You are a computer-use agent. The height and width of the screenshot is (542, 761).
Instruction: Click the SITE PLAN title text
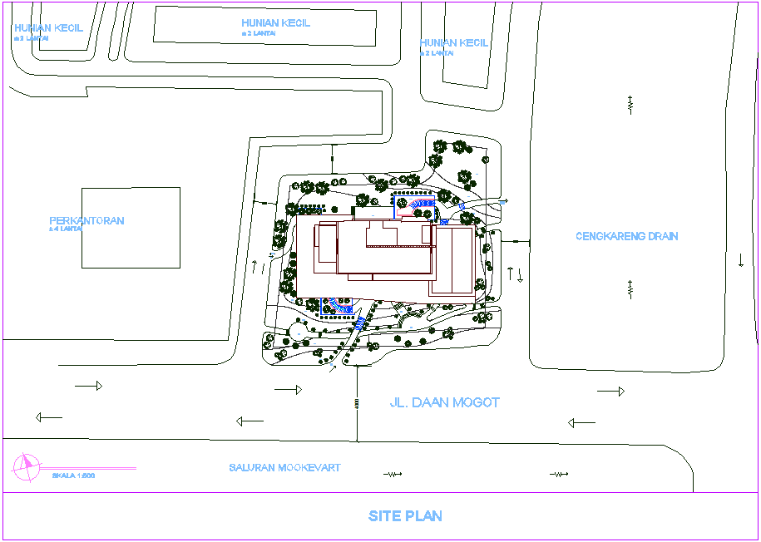pos(405,516)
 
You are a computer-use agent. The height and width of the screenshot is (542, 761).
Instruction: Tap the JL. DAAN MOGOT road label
pos(445,402)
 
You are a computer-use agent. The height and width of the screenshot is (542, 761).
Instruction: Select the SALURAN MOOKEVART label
pos(284,468)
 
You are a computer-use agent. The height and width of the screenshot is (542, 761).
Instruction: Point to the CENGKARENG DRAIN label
pos(626,236)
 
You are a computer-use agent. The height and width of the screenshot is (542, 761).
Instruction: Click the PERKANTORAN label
pos(86,221)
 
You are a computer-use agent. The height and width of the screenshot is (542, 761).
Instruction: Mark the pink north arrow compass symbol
pos(26,468)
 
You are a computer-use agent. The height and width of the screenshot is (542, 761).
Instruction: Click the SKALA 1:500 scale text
pos(73,475)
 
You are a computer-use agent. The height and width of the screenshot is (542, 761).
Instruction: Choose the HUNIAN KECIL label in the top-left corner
pos(48,27)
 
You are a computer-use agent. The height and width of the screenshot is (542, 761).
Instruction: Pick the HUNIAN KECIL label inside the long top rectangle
pos(275,23)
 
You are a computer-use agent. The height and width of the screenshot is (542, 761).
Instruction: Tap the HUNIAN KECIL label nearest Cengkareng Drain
pos(453,43)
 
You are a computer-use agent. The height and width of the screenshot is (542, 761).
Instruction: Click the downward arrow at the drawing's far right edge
pos(740,259)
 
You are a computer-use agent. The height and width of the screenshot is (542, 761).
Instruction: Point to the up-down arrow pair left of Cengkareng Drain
pos(515,274)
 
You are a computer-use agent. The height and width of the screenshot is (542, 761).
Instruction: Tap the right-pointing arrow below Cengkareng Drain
pos(610,391)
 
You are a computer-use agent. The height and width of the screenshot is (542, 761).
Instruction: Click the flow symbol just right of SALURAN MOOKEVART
pos(393,474)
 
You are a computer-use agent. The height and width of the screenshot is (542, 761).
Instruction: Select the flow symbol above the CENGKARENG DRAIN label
pos(630,104)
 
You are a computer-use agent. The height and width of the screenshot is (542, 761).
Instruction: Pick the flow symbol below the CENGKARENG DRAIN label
pos(630,288)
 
